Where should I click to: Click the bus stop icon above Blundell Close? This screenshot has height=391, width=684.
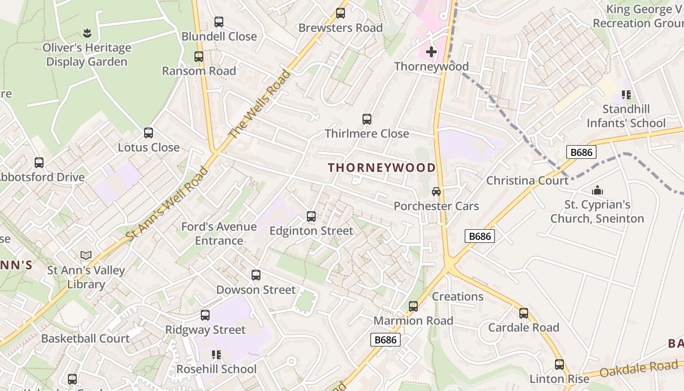218,22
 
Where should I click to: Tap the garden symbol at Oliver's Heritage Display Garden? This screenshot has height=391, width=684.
87,33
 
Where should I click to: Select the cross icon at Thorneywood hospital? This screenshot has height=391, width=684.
431,51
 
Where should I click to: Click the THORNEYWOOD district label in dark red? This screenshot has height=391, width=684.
382,168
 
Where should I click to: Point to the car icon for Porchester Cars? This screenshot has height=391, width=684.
436,192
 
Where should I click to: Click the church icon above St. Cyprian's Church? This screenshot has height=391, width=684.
597,190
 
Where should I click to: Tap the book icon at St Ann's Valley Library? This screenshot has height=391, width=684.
86,255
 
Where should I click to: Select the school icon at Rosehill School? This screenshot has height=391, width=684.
216,354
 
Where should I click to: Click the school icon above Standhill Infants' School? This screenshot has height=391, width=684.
626,95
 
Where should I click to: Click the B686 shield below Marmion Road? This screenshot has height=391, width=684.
385,340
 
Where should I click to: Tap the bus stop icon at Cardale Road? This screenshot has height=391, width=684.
524,313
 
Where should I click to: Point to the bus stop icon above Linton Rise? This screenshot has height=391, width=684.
559,364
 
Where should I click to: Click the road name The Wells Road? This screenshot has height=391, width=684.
259,104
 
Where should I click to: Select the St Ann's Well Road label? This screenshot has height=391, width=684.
167,204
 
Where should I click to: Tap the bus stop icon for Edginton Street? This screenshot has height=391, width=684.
311,216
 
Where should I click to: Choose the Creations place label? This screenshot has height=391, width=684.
457,297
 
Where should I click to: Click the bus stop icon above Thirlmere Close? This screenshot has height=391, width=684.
367,119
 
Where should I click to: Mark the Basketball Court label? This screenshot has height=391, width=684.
85,338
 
